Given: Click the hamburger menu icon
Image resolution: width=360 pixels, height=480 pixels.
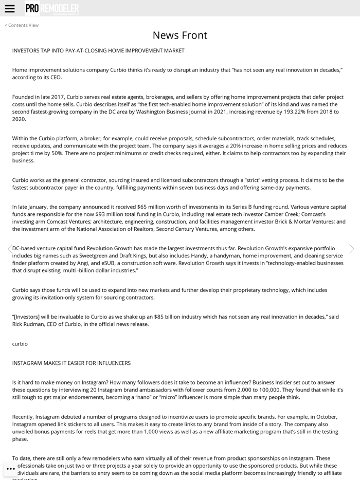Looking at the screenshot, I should [9, 8].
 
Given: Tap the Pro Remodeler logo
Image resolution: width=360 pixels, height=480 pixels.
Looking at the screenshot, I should [52, 8].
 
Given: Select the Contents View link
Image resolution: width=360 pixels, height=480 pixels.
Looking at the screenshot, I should [22, 25].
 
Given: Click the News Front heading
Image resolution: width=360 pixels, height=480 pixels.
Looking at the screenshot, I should [180, 35].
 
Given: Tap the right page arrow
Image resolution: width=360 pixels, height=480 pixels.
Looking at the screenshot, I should [351, 249].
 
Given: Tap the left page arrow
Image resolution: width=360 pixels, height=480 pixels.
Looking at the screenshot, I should [9, 249].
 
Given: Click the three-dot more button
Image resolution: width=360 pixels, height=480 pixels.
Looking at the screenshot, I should [11, 469].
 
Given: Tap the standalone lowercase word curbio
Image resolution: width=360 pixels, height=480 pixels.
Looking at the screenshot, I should [20, 344].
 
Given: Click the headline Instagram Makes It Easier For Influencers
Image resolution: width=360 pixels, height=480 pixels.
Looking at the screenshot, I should [71, 363].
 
